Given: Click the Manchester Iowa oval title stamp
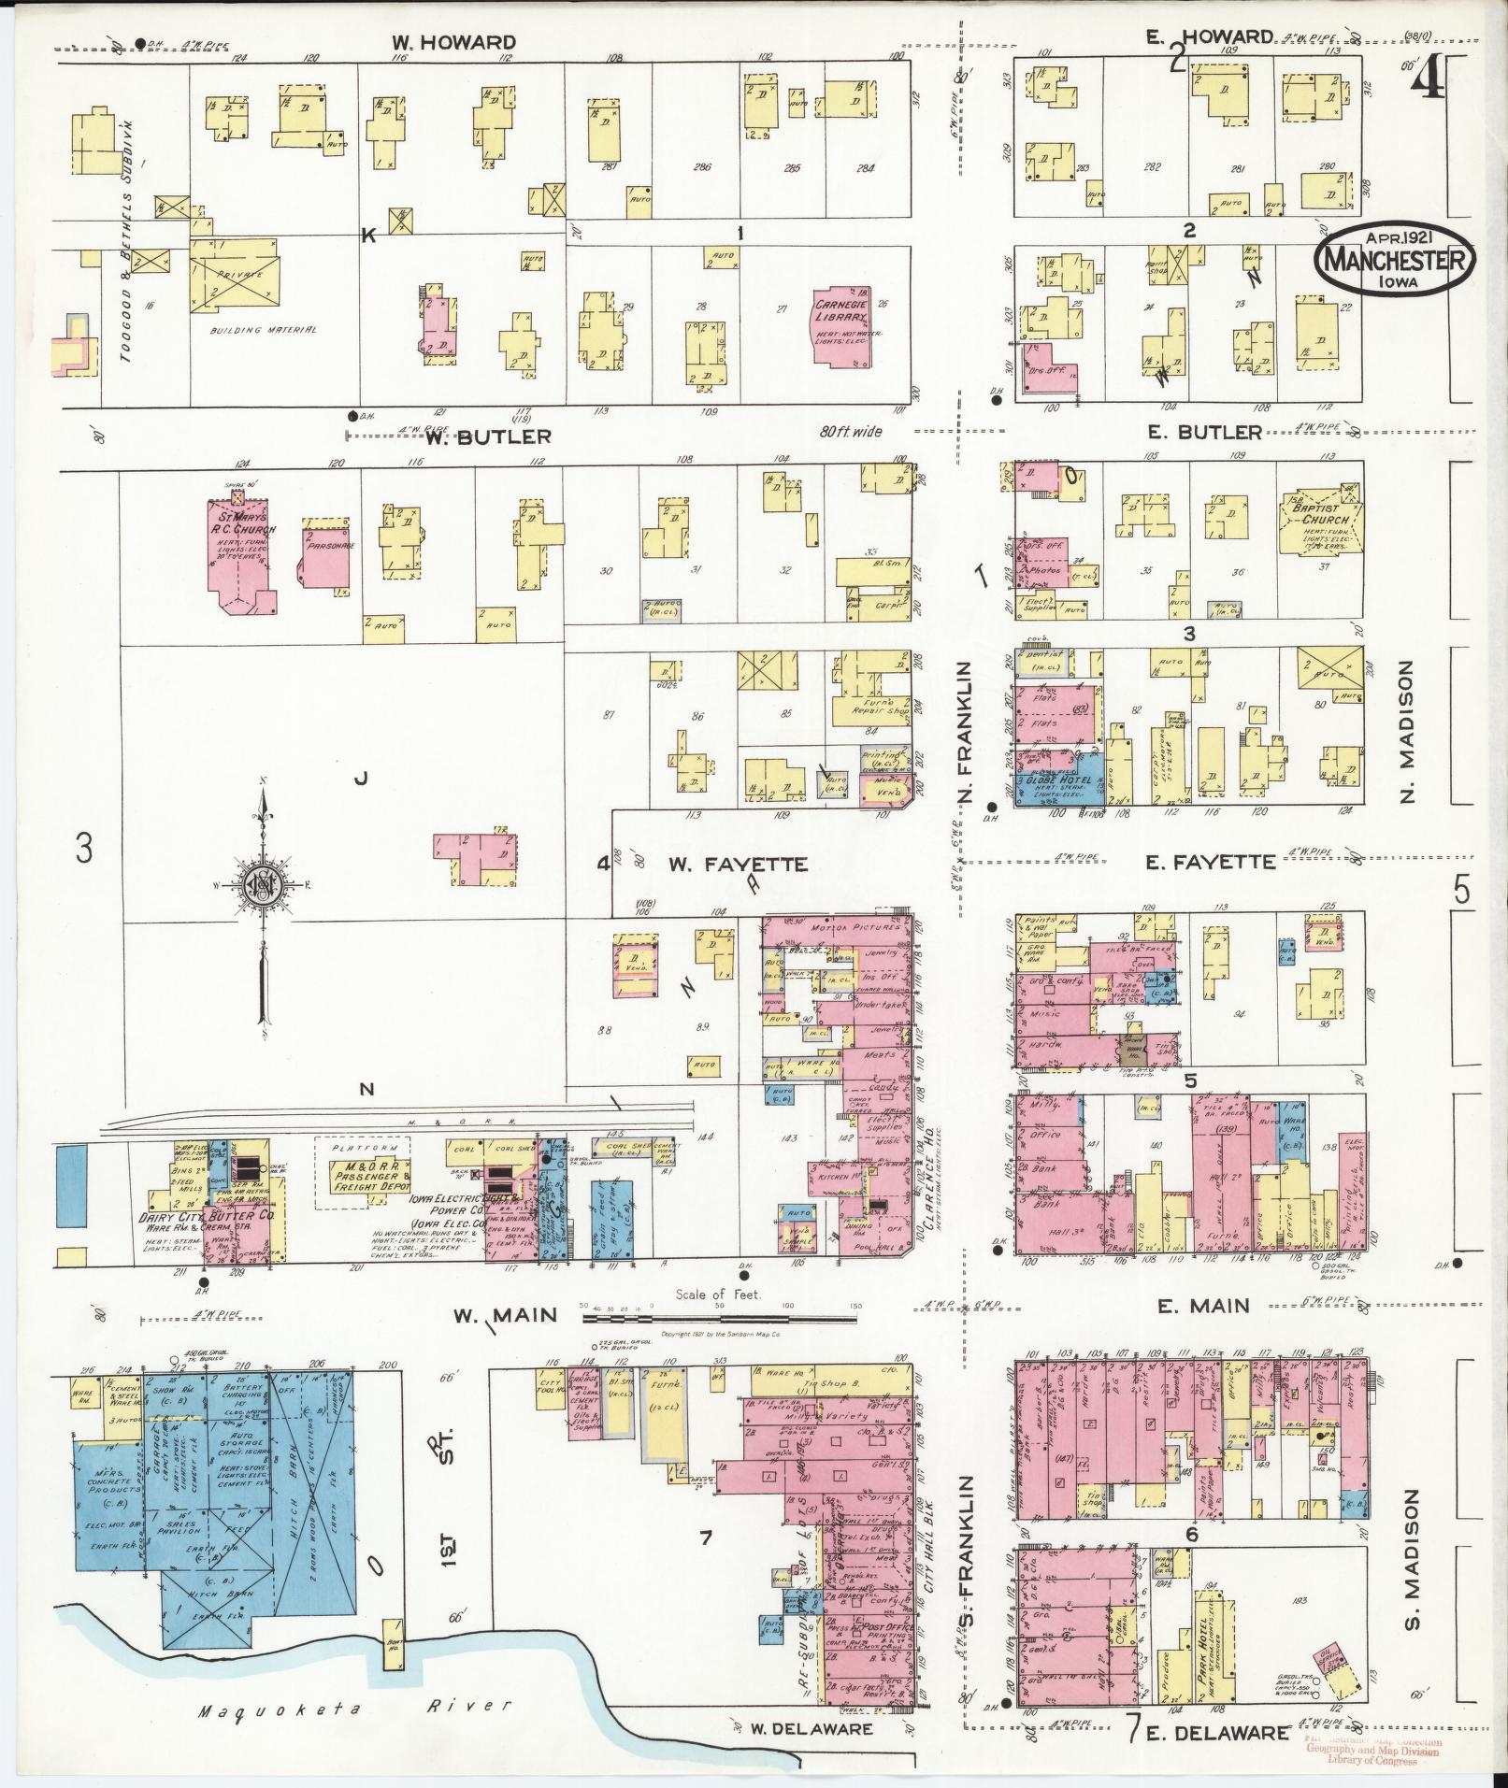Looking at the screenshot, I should pyautogui.click(x=1394, y=261).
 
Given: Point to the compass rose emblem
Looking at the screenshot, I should pyautogui.click(x=265, y=883).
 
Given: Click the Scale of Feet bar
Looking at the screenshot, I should pyautogui.click(x=718, y=1319).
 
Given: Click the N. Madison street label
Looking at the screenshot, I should pyautogui.click(x=1411, y=732).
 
